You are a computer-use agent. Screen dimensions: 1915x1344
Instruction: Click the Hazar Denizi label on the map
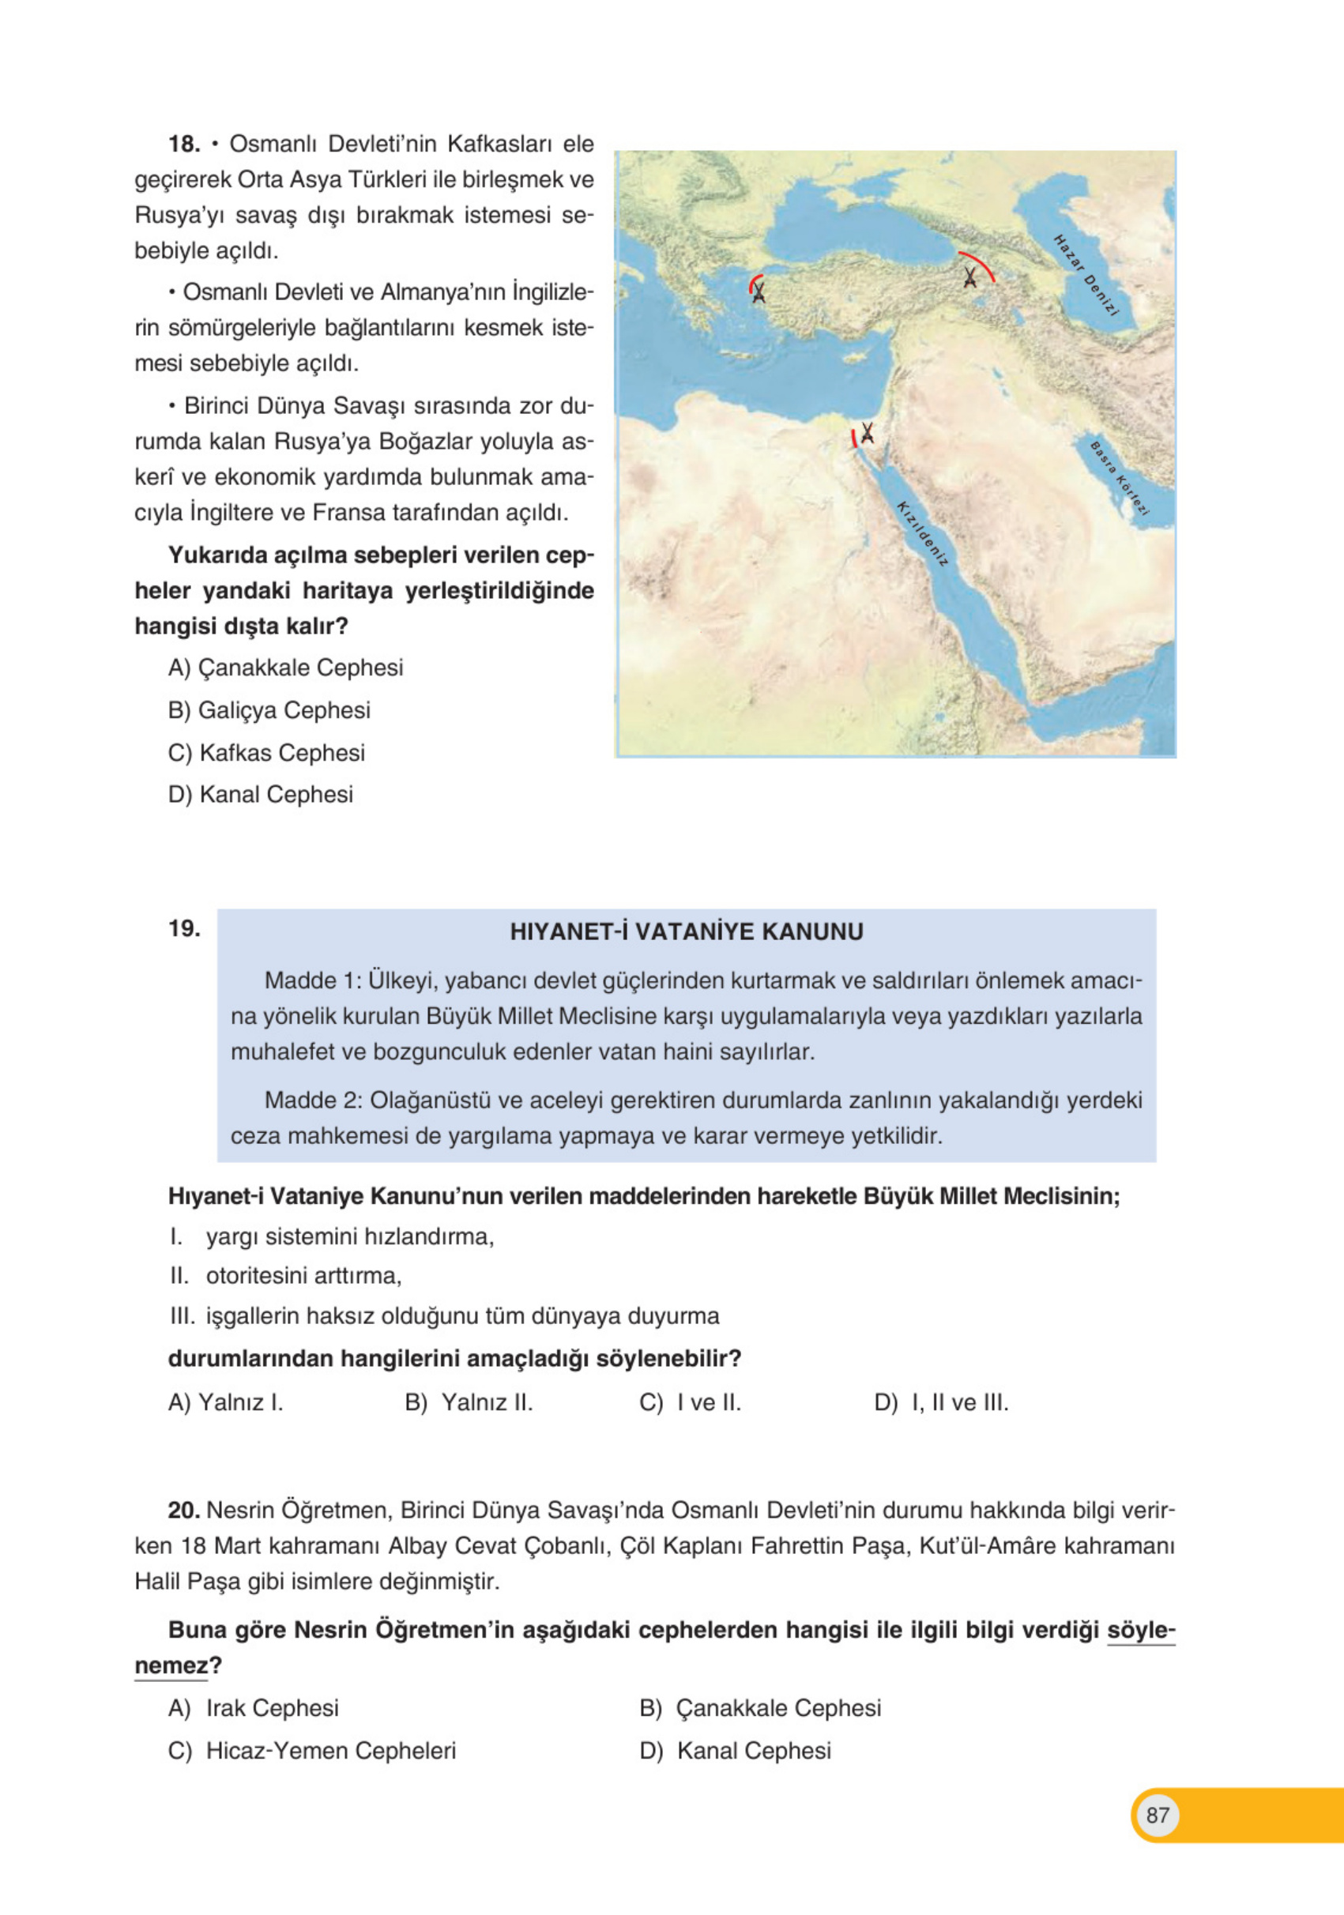pos(1085,275)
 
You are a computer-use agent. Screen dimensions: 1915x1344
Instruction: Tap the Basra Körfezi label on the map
pos(1120,478)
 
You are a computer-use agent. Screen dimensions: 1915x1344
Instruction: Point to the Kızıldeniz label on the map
pos(922,534)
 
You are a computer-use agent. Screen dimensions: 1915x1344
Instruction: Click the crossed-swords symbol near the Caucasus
pos(969,277)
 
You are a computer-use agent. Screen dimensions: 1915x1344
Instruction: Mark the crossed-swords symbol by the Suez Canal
pos(867,433)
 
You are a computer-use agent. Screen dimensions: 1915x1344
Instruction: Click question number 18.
pos(183,145)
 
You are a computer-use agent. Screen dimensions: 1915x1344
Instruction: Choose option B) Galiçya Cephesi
pos(269,709)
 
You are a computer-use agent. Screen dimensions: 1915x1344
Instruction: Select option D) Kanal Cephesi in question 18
pos(260,794)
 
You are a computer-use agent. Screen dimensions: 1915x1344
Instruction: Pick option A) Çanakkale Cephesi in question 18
pos(285,668)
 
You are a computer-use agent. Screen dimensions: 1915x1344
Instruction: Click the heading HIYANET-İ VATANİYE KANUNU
pos(686,931)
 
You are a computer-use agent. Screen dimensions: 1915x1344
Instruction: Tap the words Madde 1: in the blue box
pos(312,981)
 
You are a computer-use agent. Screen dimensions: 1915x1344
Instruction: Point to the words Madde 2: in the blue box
pos(312,1100)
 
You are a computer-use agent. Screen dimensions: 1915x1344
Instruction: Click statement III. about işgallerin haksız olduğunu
pos(444,1316)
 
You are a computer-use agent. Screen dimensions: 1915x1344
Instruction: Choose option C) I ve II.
pos(690,1403)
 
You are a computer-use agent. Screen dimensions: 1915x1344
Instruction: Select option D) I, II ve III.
pos(941,1403)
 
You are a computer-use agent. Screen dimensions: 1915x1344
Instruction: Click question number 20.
pos(183,1511)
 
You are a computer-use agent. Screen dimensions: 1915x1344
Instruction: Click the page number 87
pos(1157,1815)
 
